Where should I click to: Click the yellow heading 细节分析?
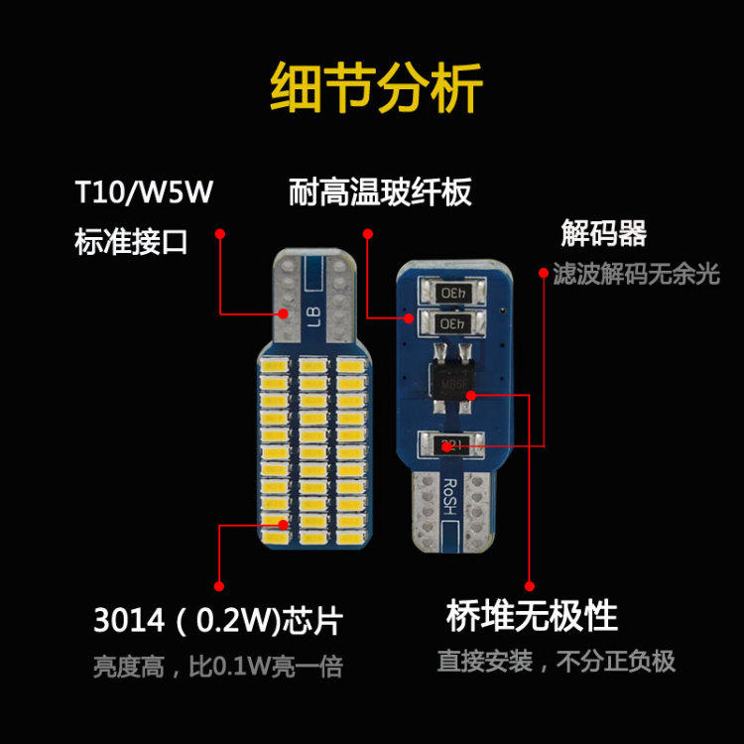pyautogui.click(x=376, y=89)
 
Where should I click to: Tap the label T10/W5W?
pyautogui.click(x=144, y=191)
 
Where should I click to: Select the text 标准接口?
pyautogui.click(x=131, y=241)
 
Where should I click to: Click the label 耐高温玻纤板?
pyautogui.click(x=380, y=191)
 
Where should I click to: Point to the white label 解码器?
pyautogui.click(x=603, y=235)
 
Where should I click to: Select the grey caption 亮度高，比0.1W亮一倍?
pyautogui.click(x=218, y=666)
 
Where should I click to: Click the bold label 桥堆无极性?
pyautogui.click(x=532, y=616)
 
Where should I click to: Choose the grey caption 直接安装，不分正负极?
pyautogui.click(x=557, y=661)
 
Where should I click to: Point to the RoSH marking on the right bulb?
pyautogui.click(x=449, y=492)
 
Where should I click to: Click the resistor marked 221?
pyautogui.click(x=450, y=443)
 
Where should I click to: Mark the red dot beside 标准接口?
pyautogui.click(x=220, y=234)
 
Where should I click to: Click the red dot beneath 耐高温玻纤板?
pyautogui.click(x=367, y=234)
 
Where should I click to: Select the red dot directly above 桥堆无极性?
pyautogui.click(x=529, y=585)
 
